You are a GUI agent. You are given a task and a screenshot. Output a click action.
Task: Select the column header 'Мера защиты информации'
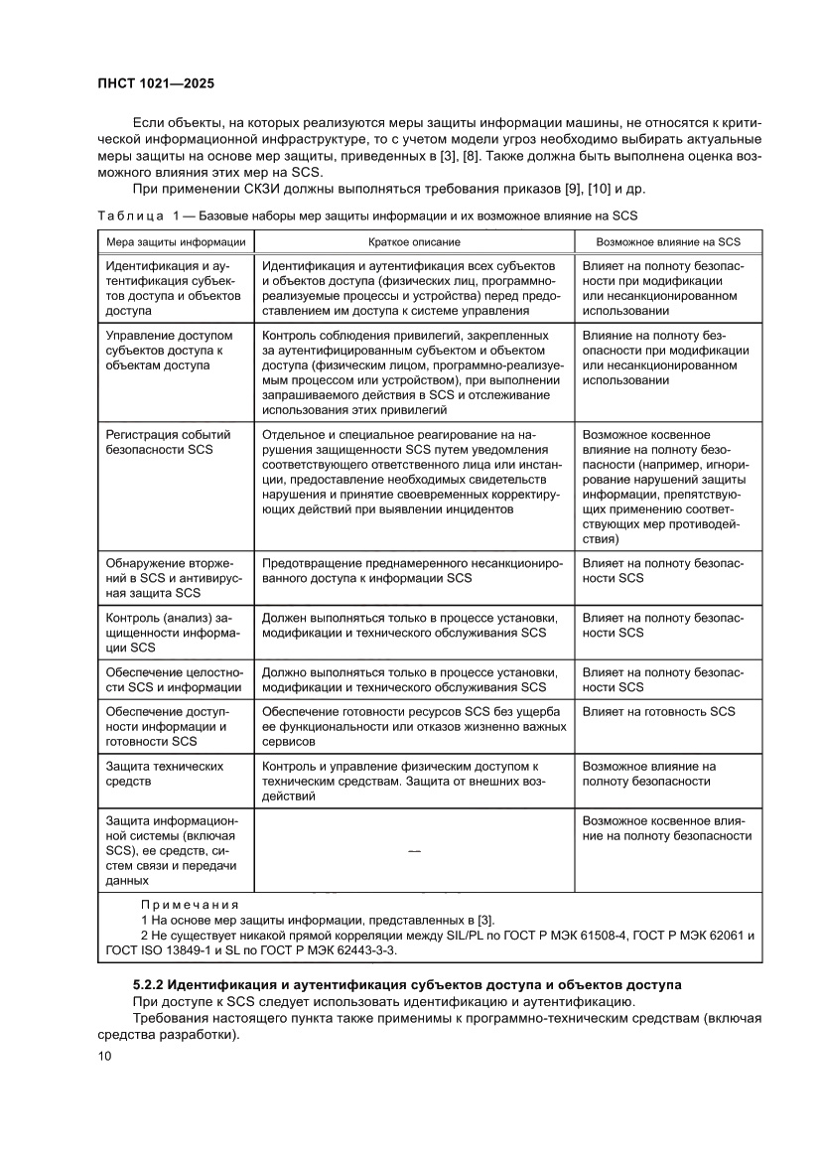[x=176, y=241]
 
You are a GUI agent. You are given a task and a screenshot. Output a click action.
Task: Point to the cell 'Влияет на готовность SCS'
[x=658, y=711]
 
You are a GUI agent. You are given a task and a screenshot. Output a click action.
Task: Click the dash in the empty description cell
[x=414, y=851]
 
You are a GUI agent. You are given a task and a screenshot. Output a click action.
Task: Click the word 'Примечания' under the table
[x=190, y=905]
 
